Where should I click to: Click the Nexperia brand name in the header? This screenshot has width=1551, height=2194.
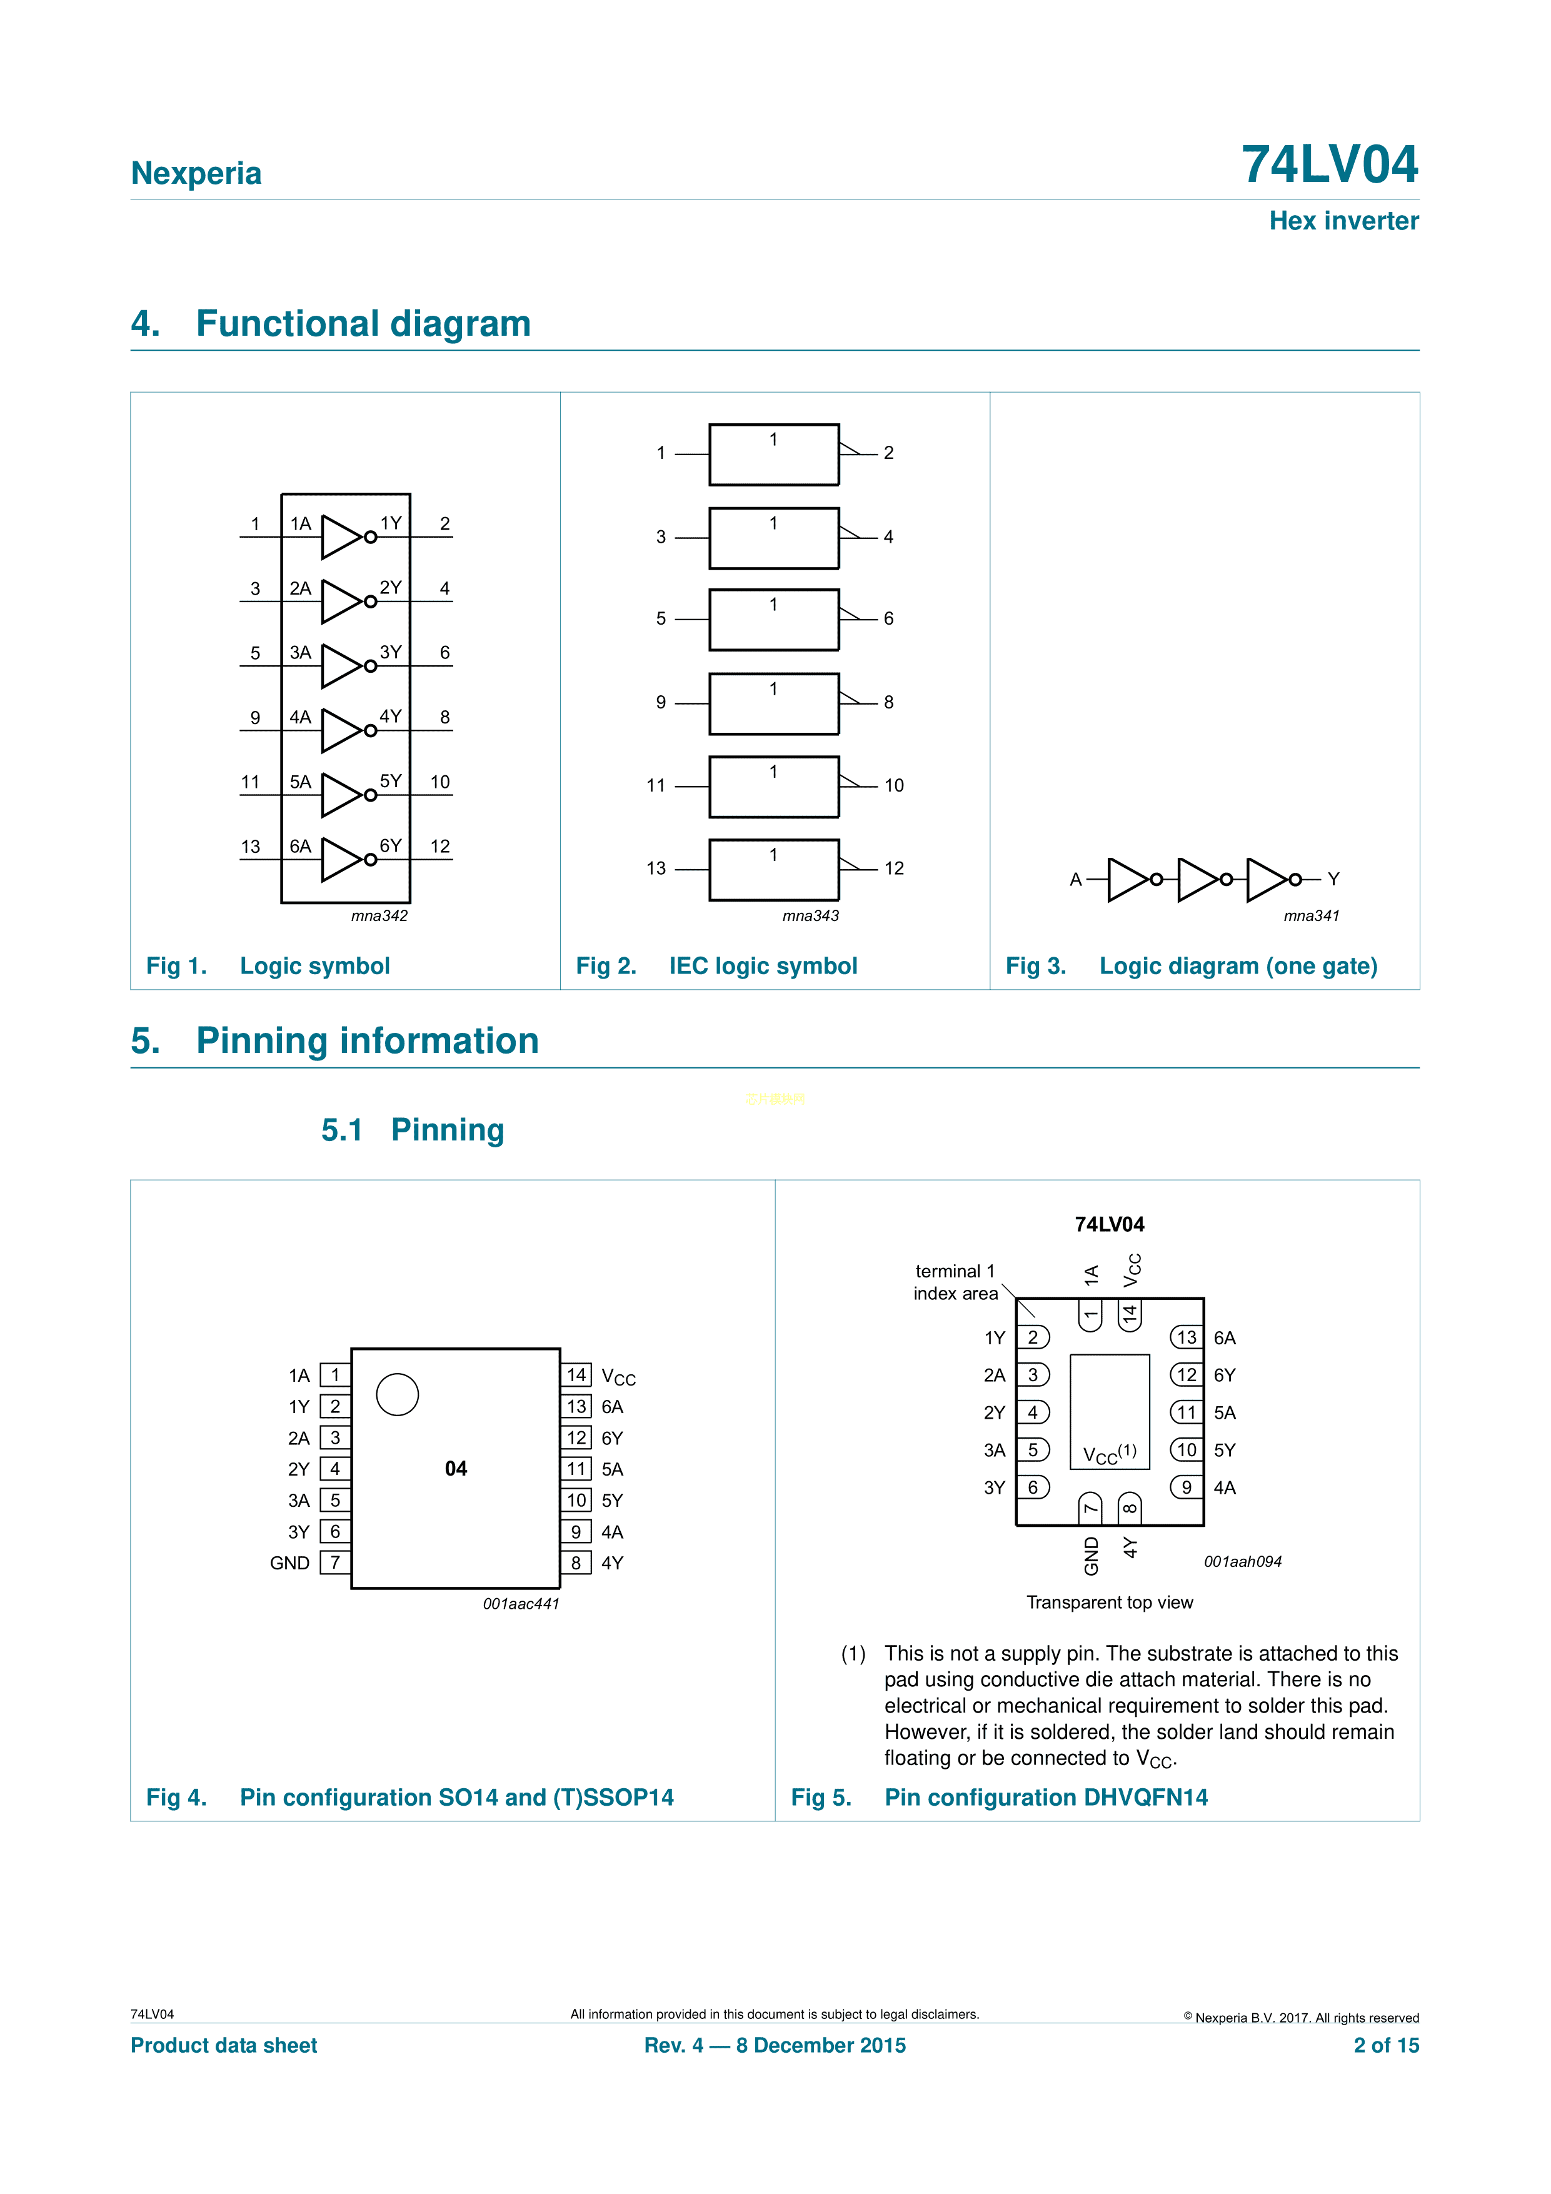[x=196, y=173]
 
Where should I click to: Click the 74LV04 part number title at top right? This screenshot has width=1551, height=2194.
[x=1328, y=164]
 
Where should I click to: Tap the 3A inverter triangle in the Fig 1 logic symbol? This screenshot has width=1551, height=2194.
[x=339, y=666]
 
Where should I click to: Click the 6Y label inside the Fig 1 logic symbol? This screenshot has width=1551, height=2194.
[x=390, y=846]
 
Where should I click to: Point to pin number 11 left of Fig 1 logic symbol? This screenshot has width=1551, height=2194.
[x=251, y=782]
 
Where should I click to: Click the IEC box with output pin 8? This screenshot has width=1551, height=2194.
[x=773, y=704]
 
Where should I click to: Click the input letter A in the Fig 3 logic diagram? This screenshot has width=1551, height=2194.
[x=1075, y=879]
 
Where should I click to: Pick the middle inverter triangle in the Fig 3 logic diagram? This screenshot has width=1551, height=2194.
[x=1197, y=879]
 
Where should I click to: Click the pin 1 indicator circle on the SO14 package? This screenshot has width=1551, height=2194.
[x=398, y=1394]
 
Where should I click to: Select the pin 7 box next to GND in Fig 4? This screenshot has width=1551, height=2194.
[x=334, y=1562]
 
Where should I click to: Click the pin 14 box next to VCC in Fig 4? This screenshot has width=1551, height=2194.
[x=576, y=1375]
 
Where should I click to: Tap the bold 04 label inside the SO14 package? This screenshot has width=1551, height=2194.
[x=456, y=1469]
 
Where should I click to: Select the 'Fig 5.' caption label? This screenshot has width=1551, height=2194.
[x=820, y=1798]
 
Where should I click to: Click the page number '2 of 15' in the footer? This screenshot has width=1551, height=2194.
[x=1386, y=2045]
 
